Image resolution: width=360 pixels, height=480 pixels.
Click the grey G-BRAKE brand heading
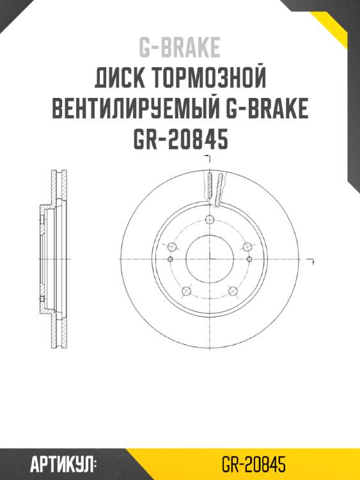[180, 47]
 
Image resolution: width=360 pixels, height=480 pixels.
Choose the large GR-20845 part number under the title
[180, 140]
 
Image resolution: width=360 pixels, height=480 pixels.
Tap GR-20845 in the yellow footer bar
[253, 463]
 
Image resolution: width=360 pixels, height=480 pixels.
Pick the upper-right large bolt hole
[247, 247]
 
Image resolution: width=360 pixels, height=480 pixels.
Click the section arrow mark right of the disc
[311, 261]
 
